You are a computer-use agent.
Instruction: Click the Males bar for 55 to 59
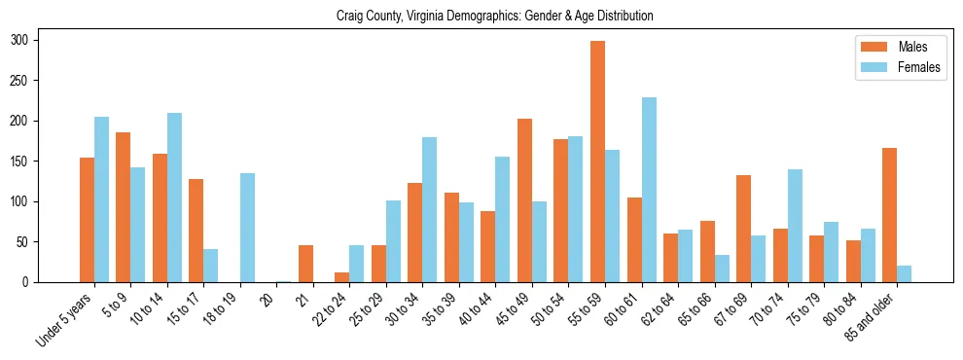pos(597,162)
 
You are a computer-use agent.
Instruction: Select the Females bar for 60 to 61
pos(649,190)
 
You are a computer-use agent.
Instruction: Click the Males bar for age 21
pos(305,264)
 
